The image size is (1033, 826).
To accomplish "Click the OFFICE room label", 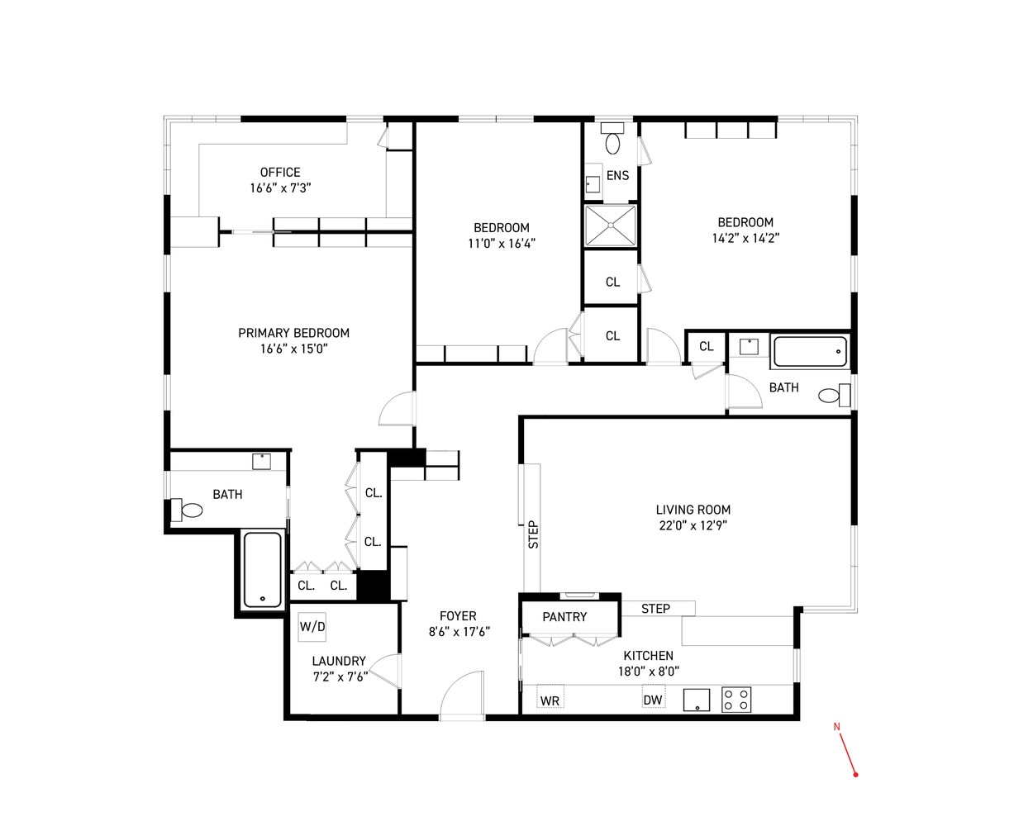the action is (x=280, y=173).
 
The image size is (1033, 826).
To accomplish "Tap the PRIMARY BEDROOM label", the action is (x=293, y=333).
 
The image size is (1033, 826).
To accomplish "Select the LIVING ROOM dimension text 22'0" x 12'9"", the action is (x=693, y=525).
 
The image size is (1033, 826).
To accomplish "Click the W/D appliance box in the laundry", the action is (x=312, y=627).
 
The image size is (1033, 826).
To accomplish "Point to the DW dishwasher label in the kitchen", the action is (x=653, y=700).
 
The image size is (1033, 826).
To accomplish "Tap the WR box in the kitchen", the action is (x=550, y=697).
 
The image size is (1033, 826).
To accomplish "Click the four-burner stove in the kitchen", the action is (x=736, y=700).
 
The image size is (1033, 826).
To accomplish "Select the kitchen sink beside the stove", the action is (x=697, y=700).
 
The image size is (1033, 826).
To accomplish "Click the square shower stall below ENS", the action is (x=611, y=225).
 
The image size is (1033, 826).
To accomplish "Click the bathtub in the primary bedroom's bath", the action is (x=263, y=569).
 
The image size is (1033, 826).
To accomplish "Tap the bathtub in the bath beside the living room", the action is (x=810, y=352).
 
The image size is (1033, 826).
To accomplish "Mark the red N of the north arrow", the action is (x=836, y=727).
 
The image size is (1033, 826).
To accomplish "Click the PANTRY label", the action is (x=564, y=617).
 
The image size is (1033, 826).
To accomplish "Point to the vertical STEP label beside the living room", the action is (x=533, y=534).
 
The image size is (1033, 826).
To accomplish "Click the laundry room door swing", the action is (x=384, y=671).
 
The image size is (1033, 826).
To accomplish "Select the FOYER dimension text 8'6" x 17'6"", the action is (x=459, y=632).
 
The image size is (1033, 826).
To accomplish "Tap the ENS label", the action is (x=618, y=176).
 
